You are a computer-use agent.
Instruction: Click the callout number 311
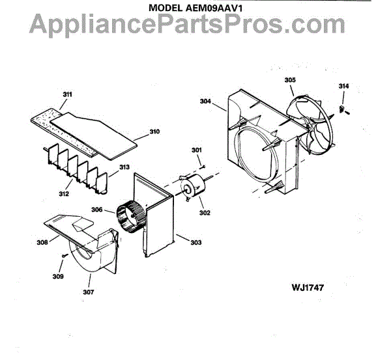tap(66, 94)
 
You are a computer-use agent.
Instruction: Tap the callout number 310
tap(154, 132)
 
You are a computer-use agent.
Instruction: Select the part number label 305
tap(289, 80)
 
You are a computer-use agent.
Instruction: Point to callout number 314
tap(343, 86)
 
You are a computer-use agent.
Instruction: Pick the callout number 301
tap(196, 151)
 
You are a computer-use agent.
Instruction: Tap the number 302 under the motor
tap(204, 212)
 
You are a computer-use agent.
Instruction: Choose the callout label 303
tap(195, 242)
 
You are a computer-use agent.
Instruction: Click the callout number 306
tap(97, 210)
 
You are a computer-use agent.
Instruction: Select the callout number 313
tap(124, 167)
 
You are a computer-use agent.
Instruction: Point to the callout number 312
tap(64, 193)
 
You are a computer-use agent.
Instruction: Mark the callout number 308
tap(42, 242)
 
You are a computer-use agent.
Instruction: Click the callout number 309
tap(58, 277)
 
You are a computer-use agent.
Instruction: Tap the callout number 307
tap(88, 292)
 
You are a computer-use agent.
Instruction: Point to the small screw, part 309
tap(63, 257)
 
